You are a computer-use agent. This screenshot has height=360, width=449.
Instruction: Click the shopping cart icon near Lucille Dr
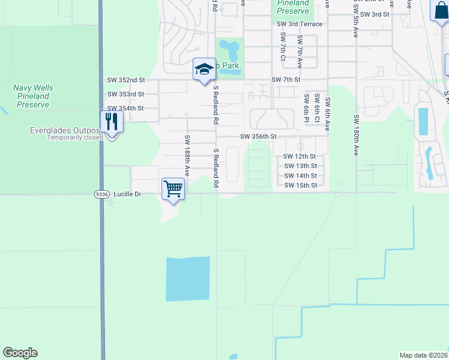pos(173,189)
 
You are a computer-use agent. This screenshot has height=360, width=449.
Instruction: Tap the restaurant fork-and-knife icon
pos(112,122)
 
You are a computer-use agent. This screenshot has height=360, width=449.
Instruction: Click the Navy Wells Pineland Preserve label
pos(33,96)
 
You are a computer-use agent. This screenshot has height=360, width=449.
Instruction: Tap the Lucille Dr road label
pos(127,194)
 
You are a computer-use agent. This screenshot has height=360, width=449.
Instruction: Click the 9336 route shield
pos(101,194)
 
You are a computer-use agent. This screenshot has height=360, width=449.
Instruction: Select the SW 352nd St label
pos(126,80)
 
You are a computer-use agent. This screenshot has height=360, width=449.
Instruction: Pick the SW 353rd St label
pos(125,94)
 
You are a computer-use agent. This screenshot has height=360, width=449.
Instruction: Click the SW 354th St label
pos(125,108)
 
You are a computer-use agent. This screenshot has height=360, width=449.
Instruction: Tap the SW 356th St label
pos(258,137)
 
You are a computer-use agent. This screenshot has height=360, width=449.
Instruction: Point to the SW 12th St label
pos(300,157)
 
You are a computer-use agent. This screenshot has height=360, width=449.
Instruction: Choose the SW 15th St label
pos(300,185)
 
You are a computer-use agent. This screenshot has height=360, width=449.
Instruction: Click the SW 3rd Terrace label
pos(300,24)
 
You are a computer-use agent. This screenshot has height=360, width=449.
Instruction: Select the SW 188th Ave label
pos(187,155)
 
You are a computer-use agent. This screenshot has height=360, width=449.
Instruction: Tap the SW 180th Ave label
pos(357,136)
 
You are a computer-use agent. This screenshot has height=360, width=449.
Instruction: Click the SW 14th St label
pos(300,176)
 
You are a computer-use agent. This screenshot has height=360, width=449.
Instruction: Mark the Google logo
pos(20,353)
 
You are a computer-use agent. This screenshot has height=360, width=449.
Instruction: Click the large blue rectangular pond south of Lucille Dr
pos(188,278)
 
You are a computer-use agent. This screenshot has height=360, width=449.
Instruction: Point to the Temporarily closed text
pos(75,137)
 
